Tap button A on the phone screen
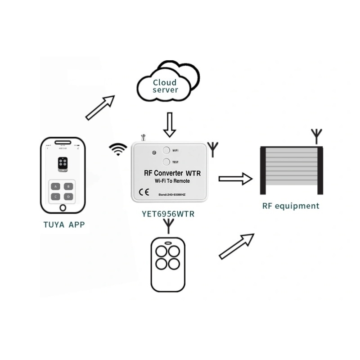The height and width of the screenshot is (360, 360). point(55,186)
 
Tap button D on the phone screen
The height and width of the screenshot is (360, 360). point(68,196)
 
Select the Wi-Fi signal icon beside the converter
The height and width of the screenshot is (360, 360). point(118,149)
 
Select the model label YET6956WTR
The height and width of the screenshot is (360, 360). point(168,214)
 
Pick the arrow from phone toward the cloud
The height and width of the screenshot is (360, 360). point(100,108)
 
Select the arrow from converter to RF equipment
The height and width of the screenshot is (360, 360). point(235,179)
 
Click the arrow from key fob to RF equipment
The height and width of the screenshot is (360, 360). point(236,246)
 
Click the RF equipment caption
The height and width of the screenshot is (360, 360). point(291,207)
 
